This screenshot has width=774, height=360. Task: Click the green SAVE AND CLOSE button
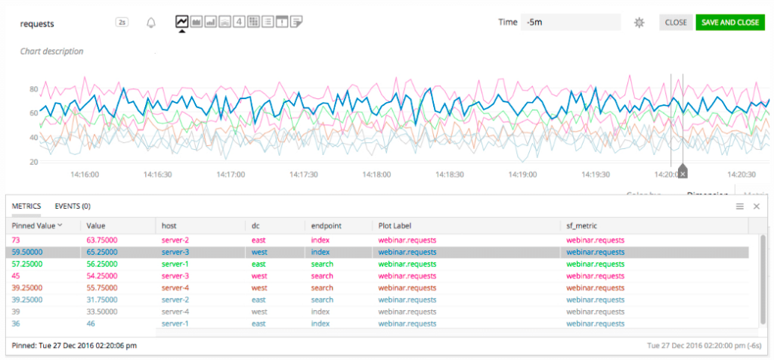tap(730, 23)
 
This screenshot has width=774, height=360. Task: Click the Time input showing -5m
tap(569, 23)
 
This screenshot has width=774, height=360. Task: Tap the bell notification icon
tap(151, 23)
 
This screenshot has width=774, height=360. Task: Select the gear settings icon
tap(639, 23)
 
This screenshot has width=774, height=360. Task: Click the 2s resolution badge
tap(122, 23)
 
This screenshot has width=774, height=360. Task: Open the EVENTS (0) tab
tap(73, 206)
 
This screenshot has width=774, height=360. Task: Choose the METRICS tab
tap(26, 206)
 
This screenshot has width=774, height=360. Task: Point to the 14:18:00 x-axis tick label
tap(377, 174)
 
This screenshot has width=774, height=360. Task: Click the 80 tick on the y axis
tap(33, 89)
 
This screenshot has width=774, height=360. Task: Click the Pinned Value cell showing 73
tap(17, 240)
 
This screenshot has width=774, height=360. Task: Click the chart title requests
tap(37, 23)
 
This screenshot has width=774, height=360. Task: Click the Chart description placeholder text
tap(51, 51)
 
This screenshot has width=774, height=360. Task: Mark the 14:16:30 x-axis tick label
tap(158, 174)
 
